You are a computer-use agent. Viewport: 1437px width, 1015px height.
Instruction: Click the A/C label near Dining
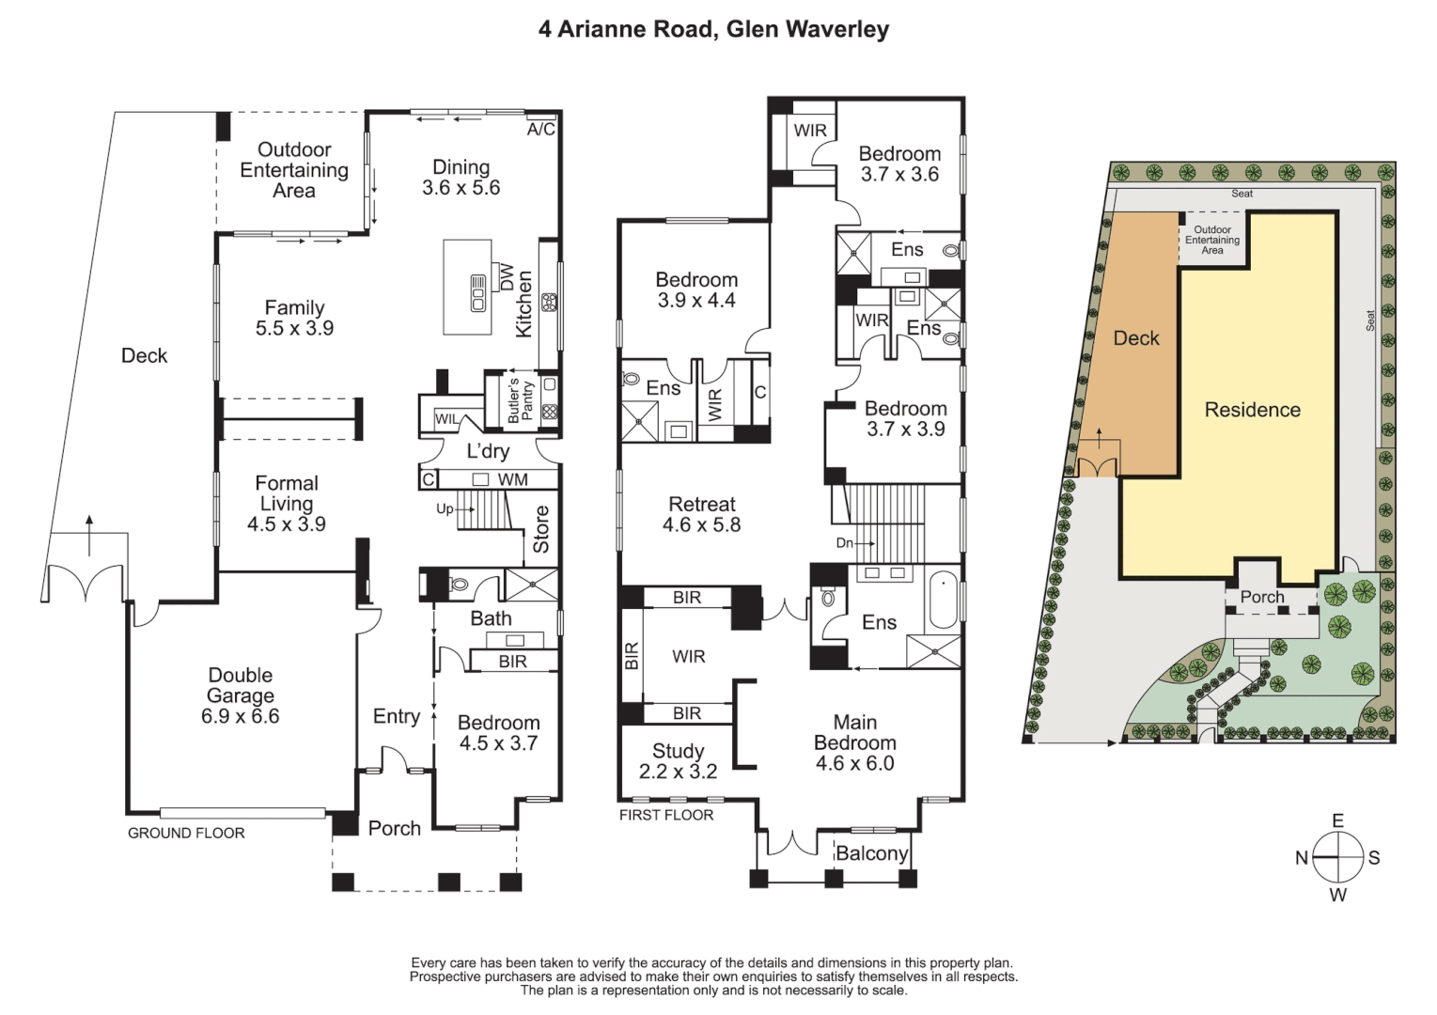pyautogui.click(x=540, y=130)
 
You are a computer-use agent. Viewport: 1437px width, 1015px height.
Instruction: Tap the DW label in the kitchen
pyautogui.click(x=507, y=277)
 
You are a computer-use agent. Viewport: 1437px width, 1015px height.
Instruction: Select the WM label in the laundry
pyautogui.click(x=512, y=479)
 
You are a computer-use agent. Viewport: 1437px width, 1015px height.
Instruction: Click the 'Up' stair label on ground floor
pyautogui.click(x=445, y=508)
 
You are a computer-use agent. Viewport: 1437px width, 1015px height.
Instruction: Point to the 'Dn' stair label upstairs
pyautogui.click(x=844, y=543)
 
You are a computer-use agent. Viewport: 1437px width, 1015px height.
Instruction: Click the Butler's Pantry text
pyautogui.click(x=521, y=401)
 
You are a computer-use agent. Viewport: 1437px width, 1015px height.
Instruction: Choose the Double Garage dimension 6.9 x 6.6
pyautogui.click(x=240, y=716)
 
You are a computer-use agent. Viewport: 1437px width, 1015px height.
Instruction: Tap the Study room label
pyautogui.click(x=678, y=751)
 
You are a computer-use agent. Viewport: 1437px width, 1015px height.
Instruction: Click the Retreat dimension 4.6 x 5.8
pyautogui.click(x=701, y=525)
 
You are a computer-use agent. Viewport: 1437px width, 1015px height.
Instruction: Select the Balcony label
pyautogui.click(x=871, y=853)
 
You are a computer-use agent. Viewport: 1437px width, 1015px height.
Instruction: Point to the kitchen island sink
pyautogui.click(x=477, y=293)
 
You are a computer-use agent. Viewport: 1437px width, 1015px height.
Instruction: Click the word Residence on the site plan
pyautogui.click(x=1252, y=410)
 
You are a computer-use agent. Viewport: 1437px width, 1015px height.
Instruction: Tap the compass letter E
pyautogui.click(x=1337, y=821)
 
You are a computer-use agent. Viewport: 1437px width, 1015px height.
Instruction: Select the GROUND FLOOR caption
pyautogui.click(x=186, y=833)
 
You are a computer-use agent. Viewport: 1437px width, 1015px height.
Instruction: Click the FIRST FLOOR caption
pyautogui.click(x=665, y=815)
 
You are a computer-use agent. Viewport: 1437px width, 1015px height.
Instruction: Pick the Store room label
pyautogui.click(x=541, y=529)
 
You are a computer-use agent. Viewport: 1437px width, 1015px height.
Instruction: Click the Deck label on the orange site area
pyautogui.click(x=1136, y=338)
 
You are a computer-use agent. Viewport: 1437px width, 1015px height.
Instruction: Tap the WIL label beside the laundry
pyautogui.click(x=447, y=419)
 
